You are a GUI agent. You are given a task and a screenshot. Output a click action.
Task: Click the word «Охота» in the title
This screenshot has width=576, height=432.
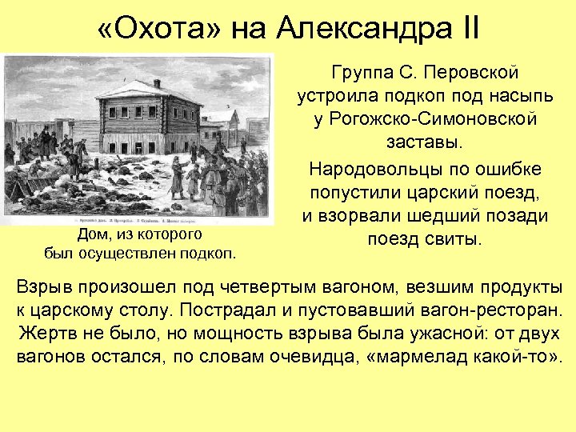(156, 30)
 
